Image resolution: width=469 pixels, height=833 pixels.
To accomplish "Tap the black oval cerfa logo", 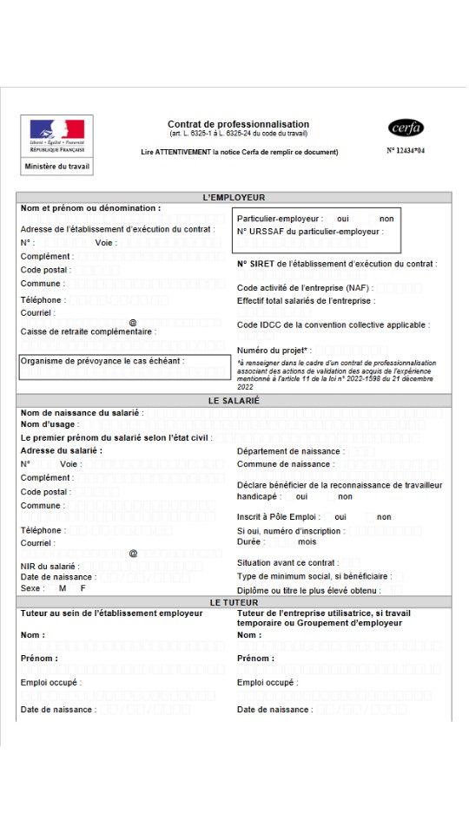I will [x=406, y=128].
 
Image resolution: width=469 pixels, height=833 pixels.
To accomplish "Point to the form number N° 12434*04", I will [x=406, y=150].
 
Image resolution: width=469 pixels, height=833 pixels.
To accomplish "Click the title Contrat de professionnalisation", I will [x=238, y=124].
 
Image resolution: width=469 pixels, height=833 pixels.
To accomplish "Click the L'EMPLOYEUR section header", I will [x=234, y=198].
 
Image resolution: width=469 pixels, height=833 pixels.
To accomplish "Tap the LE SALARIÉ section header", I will [x=234, y=401].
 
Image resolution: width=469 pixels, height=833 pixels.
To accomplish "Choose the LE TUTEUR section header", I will [x=234, y=602].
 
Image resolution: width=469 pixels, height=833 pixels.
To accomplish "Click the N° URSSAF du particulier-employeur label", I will [x=309, y=232].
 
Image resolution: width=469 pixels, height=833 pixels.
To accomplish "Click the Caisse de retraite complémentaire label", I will [x=89, y=331].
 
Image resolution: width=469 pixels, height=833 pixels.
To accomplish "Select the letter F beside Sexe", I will [x=83, y=588].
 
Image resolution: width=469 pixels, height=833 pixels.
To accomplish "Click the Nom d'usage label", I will [x=50, y=424].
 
